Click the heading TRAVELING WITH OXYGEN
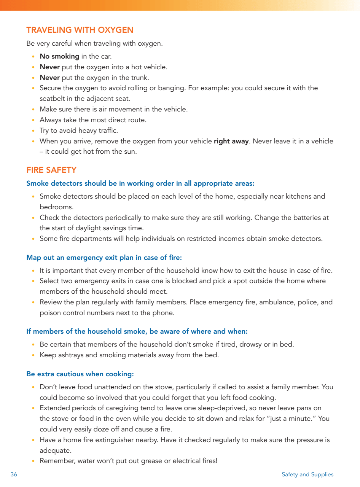click(80, 30)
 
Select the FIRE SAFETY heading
click(51, 170)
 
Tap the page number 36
click(14, 474)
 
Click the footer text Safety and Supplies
click(307, 474)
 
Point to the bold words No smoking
click(59, 56)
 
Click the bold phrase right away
click(231, 141)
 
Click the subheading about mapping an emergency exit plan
click(104, 258)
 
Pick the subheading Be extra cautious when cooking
click(80, 374)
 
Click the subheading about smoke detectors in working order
click(140, 183)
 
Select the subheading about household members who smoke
click(137, 331)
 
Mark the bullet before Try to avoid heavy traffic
click(33, 131)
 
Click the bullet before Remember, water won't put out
click(33, 461)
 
